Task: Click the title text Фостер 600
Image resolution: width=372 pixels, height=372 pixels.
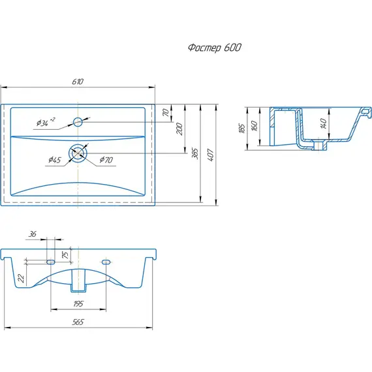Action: click(x=215, y=48)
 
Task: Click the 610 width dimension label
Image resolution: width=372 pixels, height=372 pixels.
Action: click(x=78, y=82)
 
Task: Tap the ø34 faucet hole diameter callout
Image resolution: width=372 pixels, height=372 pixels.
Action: click(x=46, y=121)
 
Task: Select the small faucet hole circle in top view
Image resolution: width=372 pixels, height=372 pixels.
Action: click(x=78, y=122)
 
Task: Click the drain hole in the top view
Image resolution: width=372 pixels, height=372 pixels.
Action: click(x=78, y=153)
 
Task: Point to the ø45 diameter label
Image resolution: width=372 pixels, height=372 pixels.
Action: click(x=55, y=160)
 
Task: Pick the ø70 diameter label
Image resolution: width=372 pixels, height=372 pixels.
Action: click(x=106, y=160)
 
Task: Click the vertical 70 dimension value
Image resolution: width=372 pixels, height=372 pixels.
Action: click(x=166, y=112)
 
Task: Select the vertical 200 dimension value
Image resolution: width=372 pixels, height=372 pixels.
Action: click(x=179, y=129)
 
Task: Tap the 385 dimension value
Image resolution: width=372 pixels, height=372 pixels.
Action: click(x=194, y=154)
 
